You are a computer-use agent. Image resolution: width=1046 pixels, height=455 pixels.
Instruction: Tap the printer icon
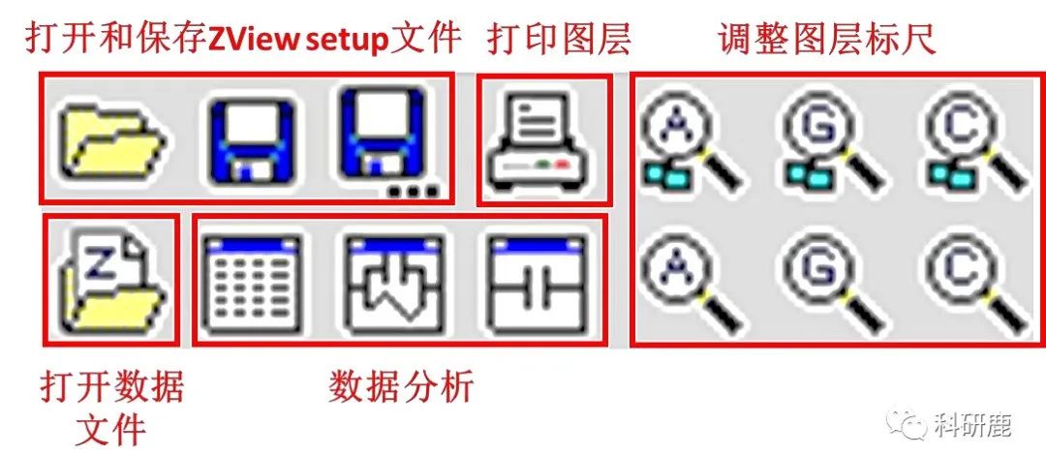(543, 141)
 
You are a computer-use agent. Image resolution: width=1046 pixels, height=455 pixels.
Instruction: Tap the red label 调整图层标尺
(826, 38)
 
